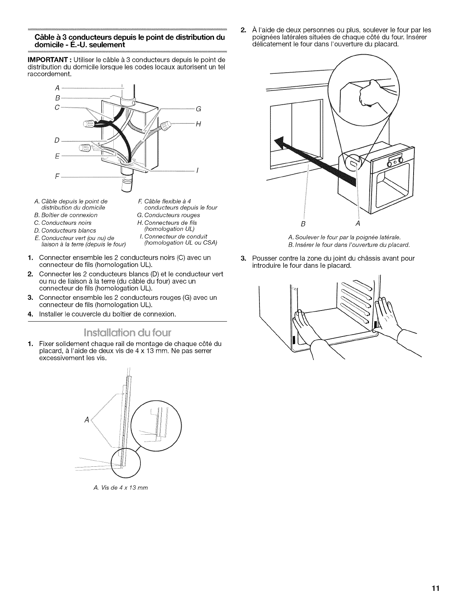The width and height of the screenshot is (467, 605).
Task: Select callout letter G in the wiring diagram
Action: coord(198,109)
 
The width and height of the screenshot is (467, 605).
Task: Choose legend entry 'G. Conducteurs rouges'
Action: coord(168,215)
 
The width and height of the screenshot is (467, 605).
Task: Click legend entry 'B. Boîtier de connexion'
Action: coord(66,215)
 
